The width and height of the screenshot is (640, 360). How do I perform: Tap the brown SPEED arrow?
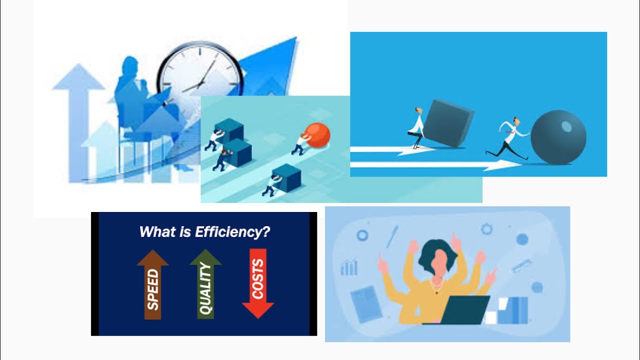coord(152,284)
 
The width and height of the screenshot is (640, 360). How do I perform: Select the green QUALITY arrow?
coord(205,284)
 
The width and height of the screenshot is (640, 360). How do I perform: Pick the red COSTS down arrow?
coord(258,283)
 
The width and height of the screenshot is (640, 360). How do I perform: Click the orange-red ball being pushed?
coord(317,135)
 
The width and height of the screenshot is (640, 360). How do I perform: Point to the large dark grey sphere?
coord(558,137)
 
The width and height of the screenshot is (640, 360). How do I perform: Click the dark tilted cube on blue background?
coord(447,123)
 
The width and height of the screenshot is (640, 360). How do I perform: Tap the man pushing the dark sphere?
coord(508,137)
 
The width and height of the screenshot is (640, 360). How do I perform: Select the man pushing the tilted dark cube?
coord(416,127)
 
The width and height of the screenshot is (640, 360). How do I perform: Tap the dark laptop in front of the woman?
coord(464,310)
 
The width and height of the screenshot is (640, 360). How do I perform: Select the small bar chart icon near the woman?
coord(349,266)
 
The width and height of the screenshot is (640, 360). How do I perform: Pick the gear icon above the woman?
coord(486,229)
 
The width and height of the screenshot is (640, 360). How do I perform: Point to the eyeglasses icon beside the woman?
coord(521,265)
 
